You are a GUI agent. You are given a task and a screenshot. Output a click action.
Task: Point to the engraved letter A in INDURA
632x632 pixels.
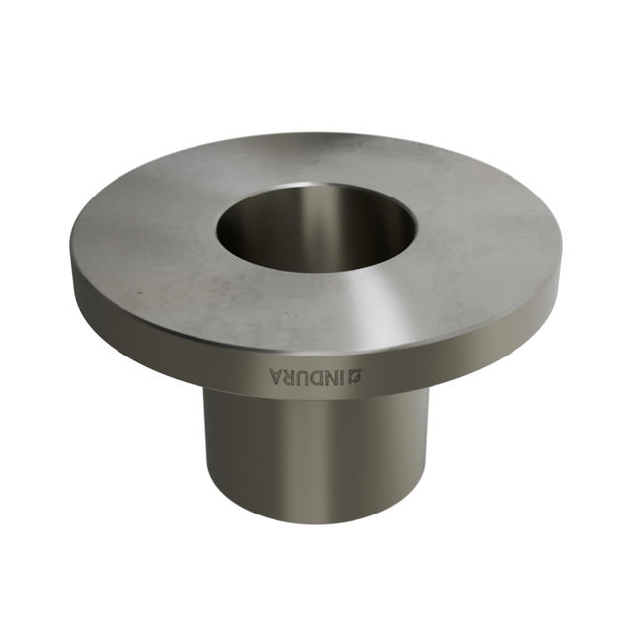276,376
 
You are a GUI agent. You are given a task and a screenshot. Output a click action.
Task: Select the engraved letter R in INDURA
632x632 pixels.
289,376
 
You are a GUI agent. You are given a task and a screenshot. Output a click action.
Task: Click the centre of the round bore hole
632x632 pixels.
316,229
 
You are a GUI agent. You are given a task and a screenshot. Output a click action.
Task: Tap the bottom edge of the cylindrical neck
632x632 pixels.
316,521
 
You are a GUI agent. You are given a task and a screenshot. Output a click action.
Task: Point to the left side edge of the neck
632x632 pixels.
205,444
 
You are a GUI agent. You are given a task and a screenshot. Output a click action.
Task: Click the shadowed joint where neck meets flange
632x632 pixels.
316,397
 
